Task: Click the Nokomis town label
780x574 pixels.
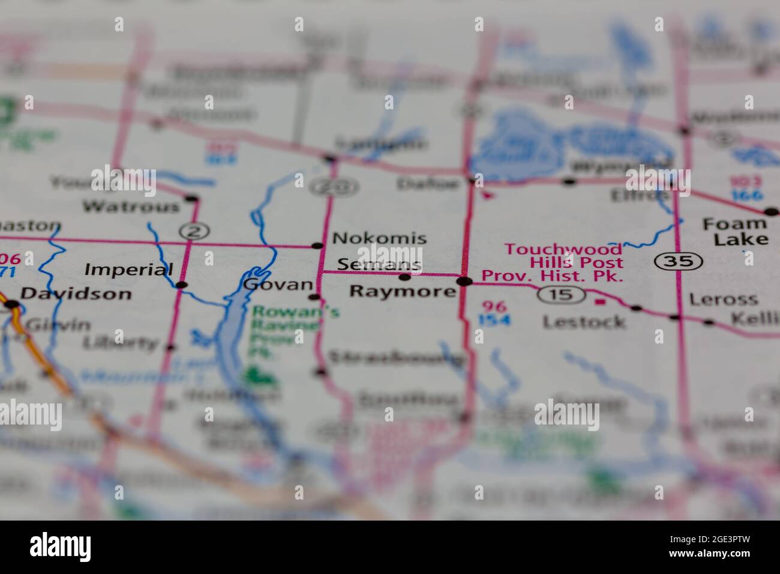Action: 379,238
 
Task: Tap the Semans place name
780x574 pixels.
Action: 379,264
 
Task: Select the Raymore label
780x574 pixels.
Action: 402,292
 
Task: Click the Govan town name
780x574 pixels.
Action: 278,285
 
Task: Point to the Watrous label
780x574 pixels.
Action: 131,207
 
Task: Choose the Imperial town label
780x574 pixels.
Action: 128,270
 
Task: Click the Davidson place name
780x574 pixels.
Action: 76,294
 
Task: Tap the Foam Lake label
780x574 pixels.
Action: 735,232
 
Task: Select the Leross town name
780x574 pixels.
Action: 724,299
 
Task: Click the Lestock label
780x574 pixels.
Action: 584,322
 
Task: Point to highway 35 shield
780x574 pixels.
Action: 678,261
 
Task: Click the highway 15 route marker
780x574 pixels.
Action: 561,294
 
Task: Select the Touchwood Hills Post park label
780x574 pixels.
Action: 563,262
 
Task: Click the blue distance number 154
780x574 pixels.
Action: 494,320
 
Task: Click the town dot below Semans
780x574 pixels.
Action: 405,277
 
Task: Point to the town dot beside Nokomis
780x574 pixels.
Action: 317,245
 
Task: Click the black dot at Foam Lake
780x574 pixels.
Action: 771,211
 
